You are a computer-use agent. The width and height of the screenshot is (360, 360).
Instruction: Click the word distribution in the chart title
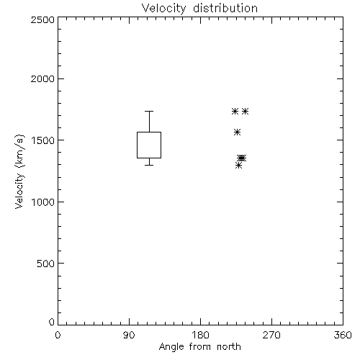[x=225, y=8]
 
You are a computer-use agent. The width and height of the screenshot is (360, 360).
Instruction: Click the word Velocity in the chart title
[x=164, y=9]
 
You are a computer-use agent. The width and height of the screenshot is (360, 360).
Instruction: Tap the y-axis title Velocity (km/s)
[x=19, y=171]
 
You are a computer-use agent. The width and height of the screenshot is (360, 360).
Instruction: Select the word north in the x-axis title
[x=229, y=346]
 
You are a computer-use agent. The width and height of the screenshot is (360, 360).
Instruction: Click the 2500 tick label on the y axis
[x=42, y=19]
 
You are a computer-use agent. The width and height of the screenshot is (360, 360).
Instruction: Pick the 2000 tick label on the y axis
[x=42, y=78]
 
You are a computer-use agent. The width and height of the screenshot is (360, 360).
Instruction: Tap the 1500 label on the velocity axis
[x=43, y=140]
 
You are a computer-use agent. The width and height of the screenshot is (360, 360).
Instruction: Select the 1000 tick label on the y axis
[x=43, y=202]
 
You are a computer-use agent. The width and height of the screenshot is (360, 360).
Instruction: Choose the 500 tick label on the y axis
[x=46, y=264]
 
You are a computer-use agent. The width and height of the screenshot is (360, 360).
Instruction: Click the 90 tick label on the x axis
[x=129, y=335]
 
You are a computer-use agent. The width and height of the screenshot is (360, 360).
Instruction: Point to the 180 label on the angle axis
[x=200, y=335]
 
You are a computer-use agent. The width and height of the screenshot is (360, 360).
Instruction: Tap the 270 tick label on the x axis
[x=271, y=335]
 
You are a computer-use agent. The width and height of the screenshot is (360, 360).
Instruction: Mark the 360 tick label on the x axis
[x=343, y=335]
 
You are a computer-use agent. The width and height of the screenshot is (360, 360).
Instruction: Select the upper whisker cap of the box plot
[x=149, y=111]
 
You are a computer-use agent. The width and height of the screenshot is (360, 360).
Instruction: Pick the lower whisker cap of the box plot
[x=149, y=165]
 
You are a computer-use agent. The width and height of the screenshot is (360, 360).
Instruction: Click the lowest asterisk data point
[x=238, y=165]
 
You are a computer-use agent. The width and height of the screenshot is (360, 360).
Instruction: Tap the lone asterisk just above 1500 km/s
[x=237, y=132]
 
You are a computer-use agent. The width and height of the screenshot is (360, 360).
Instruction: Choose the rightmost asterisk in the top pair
[x=245, y=111]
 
